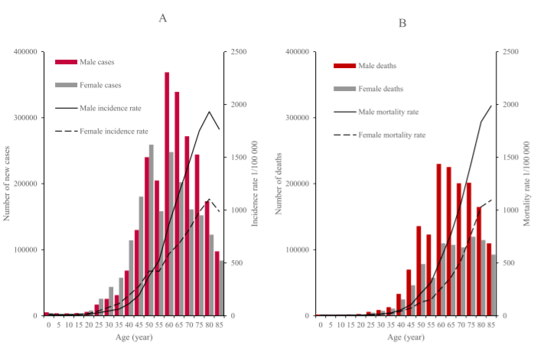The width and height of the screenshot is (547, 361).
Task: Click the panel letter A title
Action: [x=163, y=18]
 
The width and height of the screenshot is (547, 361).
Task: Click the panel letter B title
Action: [x=402, y=23]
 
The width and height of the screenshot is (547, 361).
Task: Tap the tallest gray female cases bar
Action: [x=151, y=229]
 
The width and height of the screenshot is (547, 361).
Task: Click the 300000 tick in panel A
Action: [x=24, y=118]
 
